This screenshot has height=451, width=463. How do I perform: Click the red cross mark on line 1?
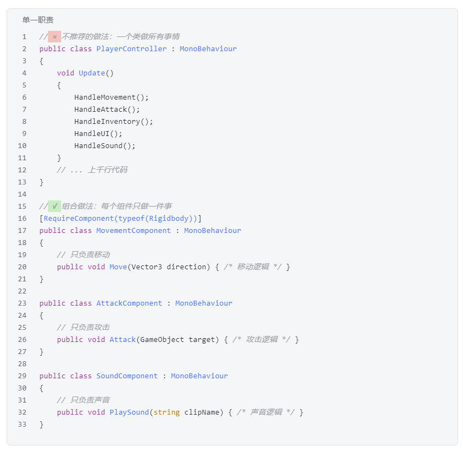(x=55, y=37)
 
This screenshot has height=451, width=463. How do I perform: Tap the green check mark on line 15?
(x=55, y=206)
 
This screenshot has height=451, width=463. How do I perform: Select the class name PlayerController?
(x=132, y=48)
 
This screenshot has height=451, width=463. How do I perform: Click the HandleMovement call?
(x=111, y=97)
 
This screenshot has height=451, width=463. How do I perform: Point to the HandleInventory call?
(x=113, y=121)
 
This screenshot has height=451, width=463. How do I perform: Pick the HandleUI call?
(x=99, y=133)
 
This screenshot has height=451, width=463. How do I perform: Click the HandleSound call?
(x=105, y=145)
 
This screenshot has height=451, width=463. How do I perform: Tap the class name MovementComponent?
(x=133, y=230)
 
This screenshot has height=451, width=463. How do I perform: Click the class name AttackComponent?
(x=129, y=303)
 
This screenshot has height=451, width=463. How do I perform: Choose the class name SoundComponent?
(x=127, y=376)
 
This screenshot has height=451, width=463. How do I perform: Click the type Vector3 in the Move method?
(x=147, y=267)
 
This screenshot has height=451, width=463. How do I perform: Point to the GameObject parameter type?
(x=162, y=339)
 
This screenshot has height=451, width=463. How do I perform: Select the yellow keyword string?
(x=167, y=412)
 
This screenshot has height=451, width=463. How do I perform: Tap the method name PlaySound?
(x=129, y=412)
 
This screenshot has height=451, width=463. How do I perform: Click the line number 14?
(x=22, y=194)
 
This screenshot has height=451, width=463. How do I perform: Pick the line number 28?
(x=22, y=363)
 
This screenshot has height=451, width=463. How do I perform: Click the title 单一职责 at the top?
(x=38, y=20)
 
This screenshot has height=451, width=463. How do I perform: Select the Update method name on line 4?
(x=92, y=73)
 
